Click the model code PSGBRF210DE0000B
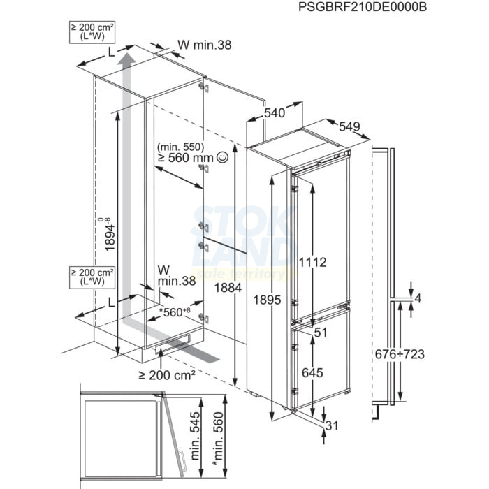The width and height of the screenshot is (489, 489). click(363, 7)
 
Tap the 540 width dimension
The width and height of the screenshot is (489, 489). click(275, 112)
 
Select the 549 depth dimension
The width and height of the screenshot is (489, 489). click(349, 126)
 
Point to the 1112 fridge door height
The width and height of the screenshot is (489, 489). click(312, 262)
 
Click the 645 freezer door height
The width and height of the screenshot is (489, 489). click(312, 372)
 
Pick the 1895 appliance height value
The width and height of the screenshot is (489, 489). click(267, 300)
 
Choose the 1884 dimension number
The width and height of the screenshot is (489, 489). click(228, 288)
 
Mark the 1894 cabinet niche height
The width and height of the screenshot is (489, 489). click(109, 234)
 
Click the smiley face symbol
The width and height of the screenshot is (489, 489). click(223, 157)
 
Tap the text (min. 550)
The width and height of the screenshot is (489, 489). click(180, 147)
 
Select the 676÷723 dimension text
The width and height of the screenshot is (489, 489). click(400, 354)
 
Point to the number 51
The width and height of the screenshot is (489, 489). click(321, 333)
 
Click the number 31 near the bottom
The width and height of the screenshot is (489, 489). click(332, 425)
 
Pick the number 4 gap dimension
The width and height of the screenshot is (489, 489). click(418, 298)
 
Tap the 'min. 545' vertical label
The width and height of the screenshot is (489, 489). click(195, 436)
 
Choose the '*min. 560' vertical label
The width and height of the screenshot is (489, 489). click(218, 439)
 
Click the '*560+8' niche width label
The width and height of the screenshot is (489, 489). click(175, 312)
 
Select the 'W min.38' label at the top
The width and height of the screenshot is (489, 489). click(205, 45)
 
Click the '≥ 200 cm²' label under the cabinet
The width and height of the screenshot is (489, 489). click(167, 375)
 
